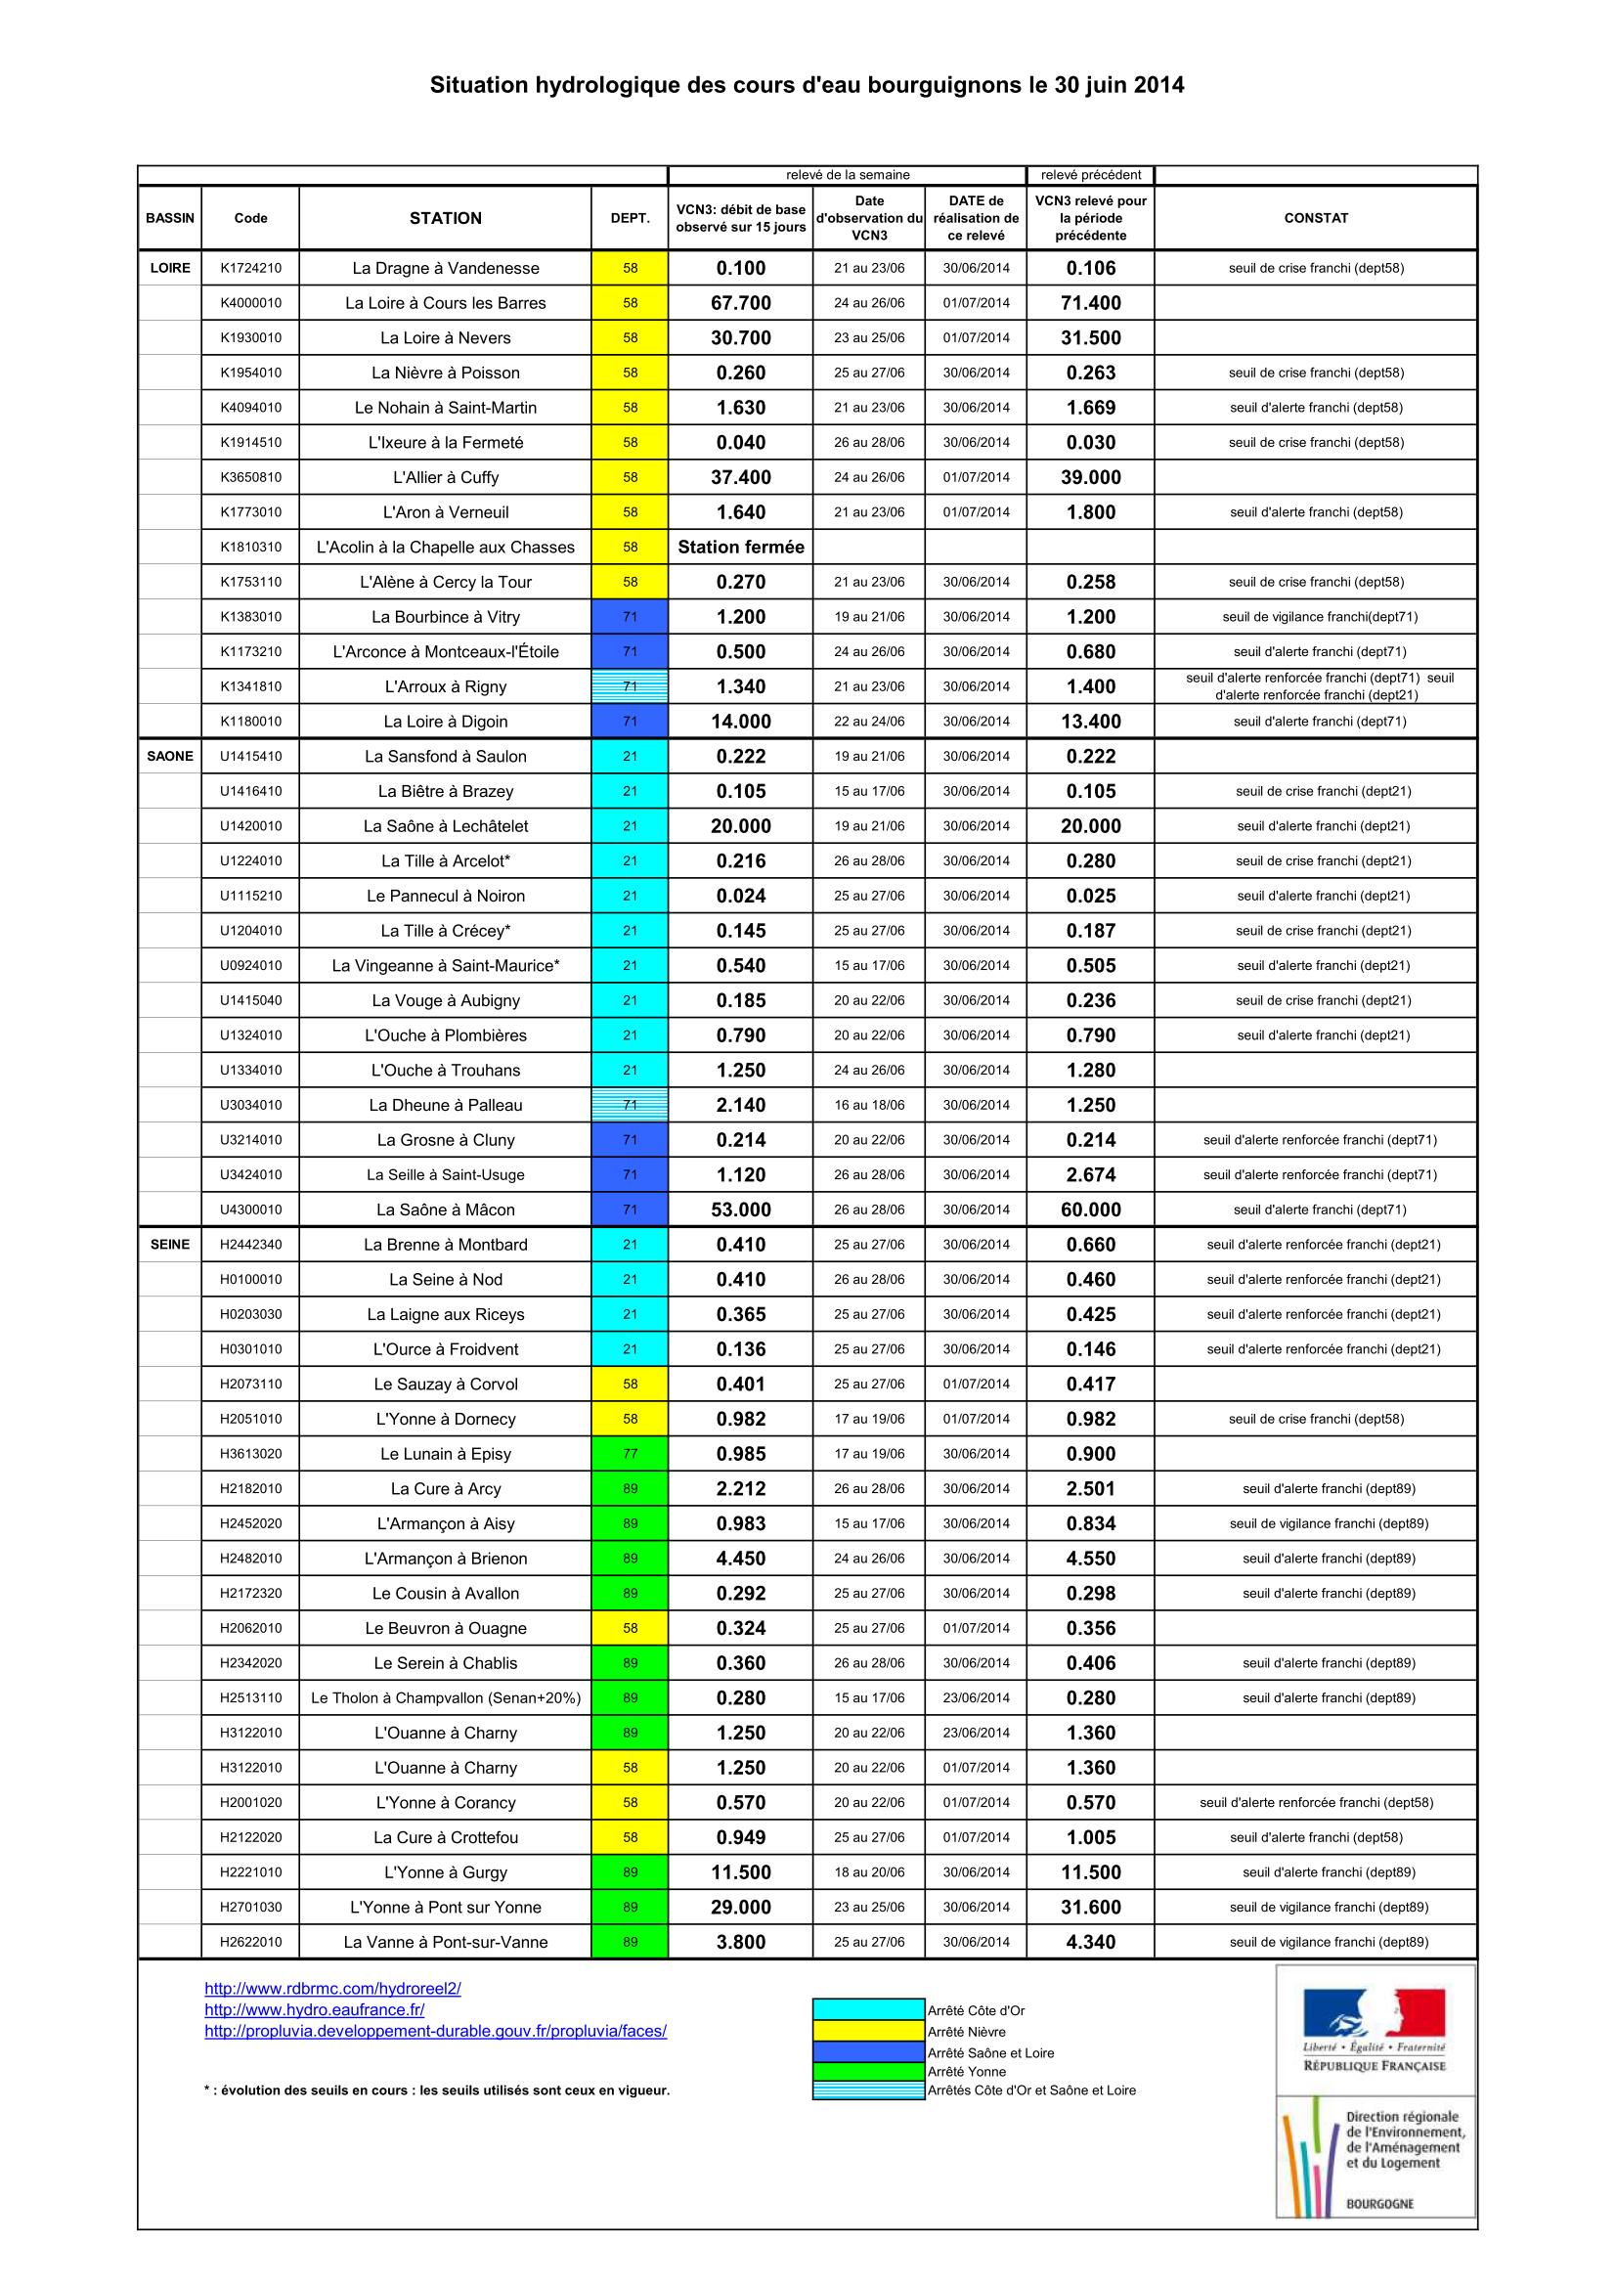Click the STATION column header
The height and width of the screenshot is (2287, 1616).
445,218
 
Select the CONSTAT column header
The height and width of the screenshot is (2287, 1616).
1315,218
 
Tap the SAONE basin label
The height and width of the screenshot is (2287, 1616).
170,756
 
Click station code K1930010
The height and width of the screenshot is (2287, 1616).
251,337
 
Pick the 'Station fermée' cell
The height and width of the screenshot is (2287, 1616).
741,547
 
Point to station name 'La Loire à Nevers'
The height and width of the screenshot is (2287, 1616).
445,337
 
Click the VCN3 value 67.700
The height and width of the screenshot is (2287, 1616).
741,303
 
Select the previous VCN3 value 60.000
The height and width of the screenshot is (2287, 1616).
1090,1209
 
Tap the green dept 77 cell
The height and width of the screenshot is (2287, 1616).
630,1453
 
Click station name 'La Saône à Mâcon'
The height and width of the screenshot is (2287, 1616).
445,1209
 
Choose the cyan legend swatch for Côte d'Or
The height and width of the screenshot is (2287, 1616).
868,2010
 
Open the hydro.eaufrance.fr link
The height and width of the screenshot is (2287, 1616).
315,2010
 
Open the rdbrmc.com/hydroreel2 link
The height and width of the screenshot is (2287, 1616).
332,1989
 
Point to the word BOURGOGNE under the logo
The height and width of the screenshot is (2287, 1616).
1379,2204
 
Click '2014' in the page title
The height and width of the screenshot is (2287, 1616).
1159,86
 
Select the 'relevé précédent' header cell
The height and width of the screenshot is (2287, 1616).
1090,175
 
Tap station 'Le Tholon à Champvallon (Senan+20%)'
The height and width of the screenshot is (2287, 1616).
445,1697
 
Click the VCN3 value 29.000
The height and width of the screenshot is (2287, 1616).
741,1907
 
